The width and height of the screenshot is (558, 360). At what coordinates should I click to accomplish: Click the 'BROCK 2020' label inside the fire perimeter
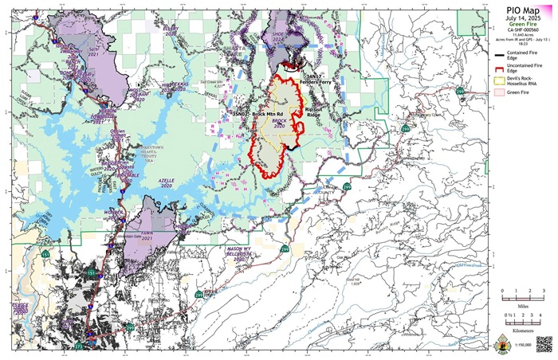pyautogui.click(x=278, y=123)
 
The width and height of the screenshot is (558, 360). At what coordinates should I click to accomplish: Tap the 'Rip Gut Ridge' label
pyautogui.click(x=313, y=112)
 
